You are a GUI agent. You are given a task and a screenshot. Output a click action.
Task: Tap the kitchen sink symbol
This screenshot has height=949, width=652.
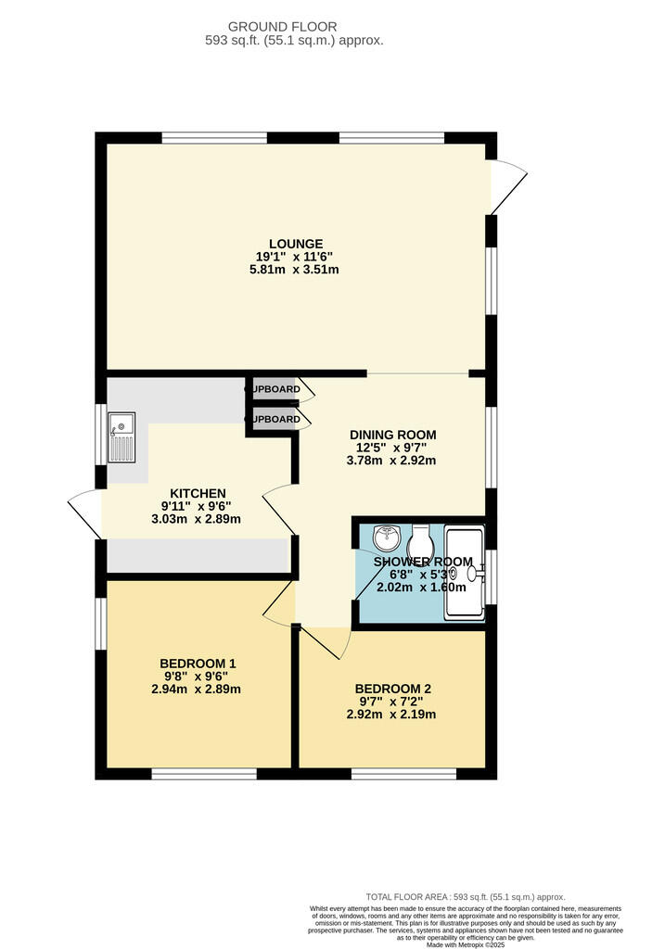tap(122, 440)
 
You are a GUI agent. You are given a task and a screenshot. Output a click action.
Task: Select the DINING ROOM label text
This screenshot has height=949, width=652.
tap(392, 435)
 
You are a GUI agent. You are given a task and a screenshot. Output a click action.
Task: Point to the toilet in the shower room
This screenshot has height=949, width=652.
tap(423, 538)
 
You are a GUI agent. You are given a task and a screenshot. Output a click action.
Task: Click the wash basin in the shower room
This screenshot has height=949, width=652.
tap(388, 538)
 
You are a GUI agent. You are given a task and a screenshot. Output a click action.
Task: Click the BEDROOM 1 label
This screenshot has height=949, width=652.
tap(198, 664)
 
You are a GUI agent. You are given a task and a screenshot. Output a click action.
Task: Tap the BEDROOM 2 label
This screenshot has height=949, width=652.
tap(392, 690)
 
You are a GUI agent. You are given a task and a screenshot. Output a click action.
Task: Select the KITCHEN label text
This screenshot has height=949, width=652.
tap(198, 493)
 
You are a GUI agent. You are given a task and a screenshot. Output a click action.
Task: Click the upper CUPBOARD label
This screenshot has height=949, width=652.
tap(274, 389)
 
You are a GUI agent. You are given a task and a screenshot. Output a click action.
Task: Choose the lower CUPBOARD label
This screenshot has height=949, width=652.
tap(274, 420)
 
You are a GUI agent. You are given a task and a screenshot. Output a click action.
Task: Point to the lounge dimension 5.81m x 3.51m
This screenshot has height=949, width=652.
tap(296, 271)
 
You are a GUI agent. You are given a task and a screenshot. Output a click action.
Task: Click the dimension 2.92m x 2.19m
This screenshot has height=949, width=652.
tap(392, 715)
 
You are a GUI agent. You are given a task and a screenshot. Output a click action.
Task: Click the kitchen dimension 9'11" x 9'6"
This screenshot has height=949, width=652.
tap(198, 506)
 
